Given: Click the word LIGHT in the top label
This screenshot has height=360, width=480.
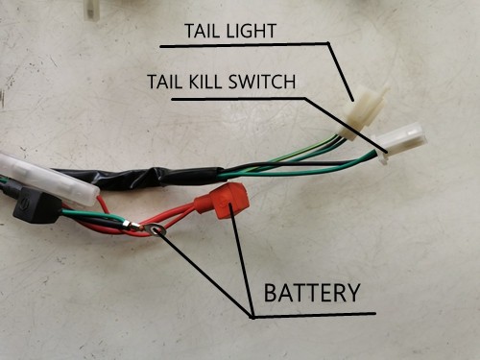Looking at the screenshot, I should [247, 32].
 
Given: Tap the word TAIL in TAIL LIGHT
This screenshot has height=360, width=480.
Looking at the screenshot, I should [204, 32].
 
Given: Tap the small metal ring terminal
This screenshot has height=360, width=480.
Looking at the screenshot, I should [156, 229].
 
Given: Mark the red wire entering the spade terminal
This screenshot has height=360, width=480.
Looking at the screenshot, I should [182, 212].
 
